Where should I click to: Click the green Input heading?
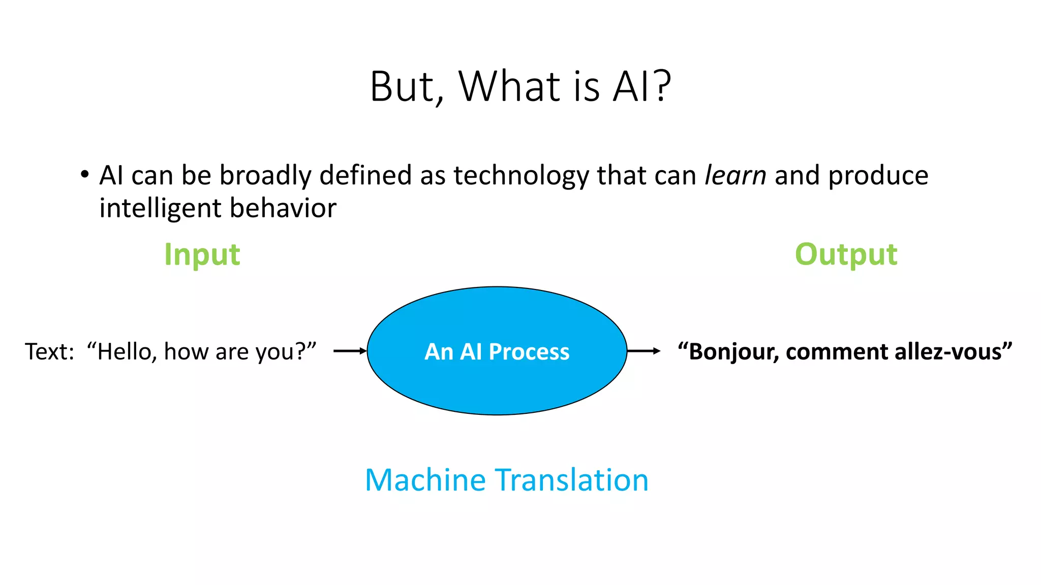tap(202, 254)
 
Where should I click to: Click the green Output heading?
tap(846, 254)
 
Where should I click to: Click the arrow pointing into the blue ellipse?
tap(350, 351)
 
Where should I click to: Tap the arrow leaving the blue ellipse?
tap(644, 351)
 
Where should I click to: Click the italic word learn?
tap(735, 176)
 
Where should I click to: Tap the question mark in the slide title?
tap(662, 86)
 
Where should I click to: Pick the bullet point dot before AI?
tap(84, 175)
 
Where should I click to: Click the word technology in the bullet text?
tap(521, 176)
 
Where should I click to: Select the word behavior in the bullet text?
tap(283, 208)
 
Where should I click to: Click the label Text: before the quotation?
tap(49, 351)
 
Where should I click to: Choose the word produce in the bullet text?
tap(878, 176)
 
